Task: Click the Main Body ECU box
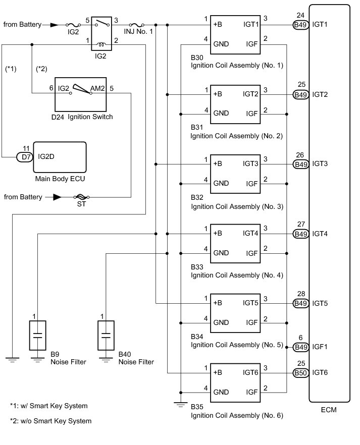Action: tap(59, 157)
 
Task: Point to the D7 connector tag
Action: tap(25, 157)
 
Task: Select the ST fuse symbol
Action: tap(80, 197)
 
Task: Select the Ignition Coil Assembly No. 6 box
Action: tap(236, 381)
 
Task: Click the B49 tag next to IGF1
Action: tap(300, 347)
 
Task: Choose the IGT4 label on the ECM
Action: tap(321, 234)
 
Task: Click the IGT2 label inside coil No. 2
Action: tap(250, 94)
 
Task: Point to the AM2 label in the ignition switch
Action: tap(97, 88)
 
